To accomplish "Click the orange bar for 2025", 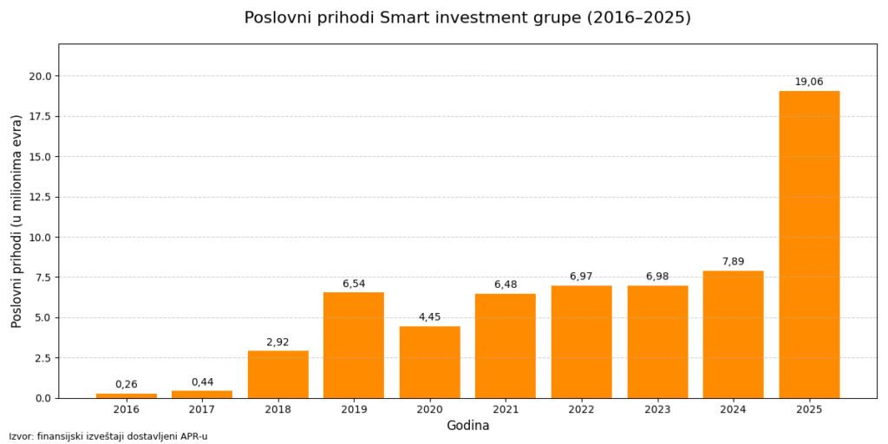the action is point(809,245).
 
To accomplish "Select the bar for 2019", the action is point(354,345).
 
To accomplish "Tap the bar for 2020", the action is point(429,362).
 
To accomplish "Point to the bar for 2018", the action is point(278,375).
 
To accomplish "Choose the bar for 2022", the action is point(581,342).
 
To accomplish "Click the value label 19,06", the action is point(809,82).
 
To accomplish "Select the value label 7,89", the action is point(733,261).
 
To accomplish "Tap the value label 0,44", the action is point(202,382).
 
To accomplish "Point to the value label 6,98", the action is point(657,276).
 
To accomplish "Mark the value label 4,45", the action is point(429,317).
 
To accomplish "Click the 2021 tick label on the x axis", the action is point(506,409).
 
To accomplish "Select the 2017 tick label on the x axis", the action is point(202,409).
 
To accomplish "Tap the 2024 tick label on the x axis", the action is point(733,409).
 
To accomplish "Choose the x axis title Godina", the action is point(467,425).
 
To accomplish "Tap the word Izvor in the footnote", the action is point(18,437).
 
